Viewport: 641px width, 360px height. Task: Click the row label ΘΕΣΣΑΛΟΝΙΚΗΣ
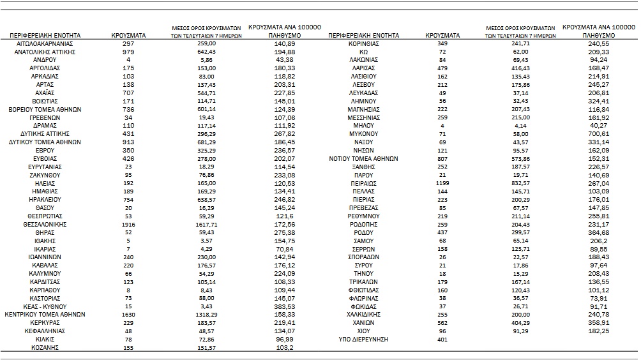pos(45,225)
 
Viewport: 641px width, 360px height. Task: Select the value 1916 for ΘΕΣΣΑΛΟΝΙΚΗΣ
pos(128,225)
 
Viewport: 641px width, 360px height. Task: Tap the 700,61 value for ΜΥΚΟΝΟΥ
pos(597,134)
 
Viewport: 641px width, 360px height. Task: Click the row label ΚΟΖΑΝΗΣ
pos(45,349)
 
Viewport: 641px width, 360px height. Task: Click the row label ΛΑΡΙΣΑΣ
pos(363,68)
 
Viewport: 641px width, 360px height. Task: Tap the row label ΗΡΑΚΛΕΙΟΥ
pos(45,200)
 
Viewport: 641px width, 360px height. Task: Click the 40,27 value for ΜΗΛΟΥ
pos(597,126)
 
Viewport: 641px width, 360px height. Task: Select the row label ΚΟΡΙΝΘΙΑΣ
pos(363,43)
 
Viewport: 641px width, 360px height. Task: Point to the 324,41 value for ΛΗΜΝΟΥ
pos(597,101)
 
